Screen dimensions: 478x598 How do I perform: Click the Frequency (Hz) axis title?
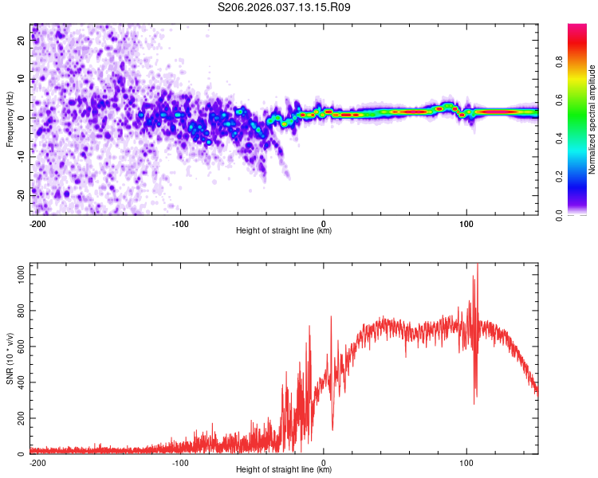pos(10,119)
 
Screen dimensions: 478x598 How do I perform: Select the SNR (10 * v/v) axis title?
pos(10,358)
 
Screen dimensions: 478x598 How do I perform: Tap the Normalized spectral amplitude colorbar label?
pos(592,119)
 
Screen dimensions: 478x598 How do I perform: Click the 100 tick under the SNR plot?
pos(466,462)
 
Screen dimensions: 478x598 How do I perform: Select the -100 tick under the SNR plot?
pos(180,462)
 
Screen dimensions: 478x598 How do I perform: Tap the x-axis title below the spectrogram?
pos(284,231)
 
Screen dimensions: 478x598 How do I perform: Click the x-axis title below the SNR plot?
pos(284,470)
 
